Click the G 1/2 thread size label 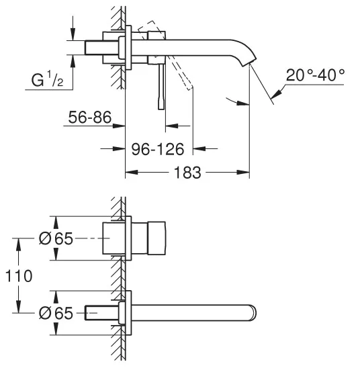[x=47, y=79]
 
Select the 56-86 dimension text [x=90, y=118]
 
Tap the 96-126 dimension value [x=157, y=149]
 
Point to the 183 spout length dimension [x=187, y=173]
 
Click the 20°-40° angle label [x=315, y=75]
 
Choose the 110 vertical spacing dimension [x=19, y=275]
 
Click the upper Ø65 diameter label [x=56, y=238]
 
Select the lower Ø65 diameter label [x=56, y=313]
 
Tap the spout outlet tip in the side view [x=249, y=62]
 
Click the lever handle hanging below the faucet [x=161, y=87]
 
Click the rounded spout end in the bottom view [x=253, y=313]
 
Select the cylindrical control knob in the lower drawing [x=156, y=238]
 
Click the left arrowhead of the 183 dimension [x=131, y=172]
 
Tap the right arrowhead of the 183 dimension [x=243, y=172]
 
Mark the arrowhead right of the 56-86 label [x=119, y=126]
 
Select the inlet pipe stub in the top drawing [x=101, y=48]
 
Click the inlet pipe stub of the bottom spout [x=101, y=313]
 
